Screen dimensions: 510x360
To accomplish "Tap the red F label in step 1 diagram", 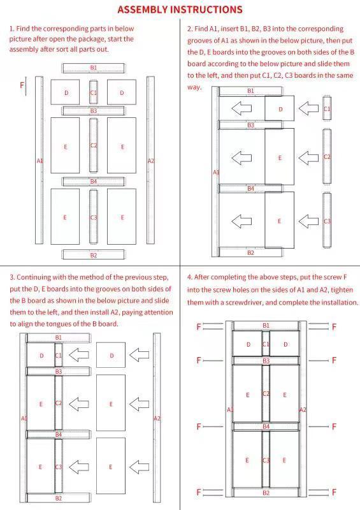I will [x=22, y=85].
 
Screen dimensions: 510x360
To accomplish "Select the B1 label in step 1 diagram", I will [x=93, y=67].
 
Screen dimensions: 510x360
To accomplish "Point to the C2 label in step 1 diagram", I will [x=94, y=145].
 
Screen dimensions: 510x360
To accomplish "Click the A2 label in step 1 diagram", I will [x=151, y=161].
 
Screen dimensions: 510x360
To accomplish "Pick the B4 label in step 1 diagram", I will [x=93, y=181].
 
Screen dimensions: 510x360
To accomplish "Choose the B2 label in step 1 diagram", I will [x=93, y=255].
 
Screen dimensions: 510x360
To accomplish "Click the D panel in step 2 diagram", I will [x=280, y=109].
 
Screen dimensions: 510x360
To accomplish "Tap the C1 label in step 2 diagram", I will [x=327, y=109].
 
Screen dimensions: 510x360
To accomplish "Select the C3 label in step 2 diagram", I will [x=327, y=221].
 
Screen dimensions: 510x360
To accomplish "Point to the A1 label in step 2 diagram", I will [x=215, y=172].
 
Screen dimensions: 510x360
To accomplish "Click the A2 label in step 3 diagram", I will [x=157, y=418].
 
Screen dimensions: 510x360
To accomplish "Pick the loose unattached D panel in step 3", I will [x=112, y=355].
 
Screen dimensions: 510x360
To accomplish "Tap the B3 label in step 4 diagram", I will [x=266, y=361].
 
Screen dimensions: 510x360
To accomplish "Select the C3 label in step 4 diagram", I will [x=266, y=460].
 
